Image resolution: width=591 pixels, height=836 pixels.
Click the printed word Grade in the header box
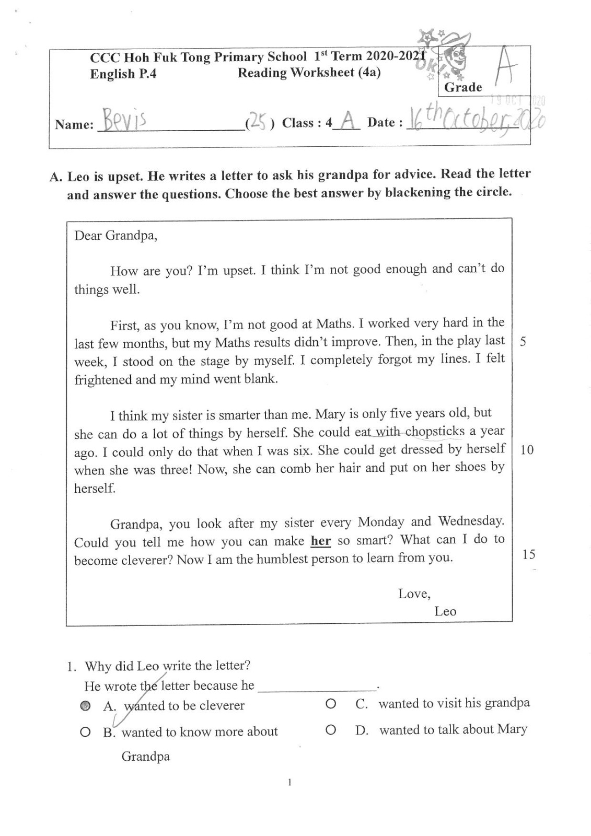tap(463, 87)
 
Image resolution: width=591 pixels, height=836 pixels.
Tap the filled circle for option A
tap(86, 706)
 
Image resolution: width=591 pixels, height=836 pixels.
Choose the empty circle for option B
tap(86, 732)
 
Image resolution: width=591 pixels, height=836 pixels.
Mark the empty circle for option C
tap(330, 704)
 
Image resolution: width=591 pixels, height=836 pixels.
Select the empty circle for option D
tap(330, 729)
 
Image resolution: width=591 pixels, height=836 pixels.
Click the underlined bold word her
tap(321, 540)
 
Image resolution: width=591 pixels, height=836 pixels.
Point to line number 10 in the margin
tap(527, 450)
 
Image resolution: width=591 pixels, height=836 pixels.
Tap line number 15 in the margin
tap(528, 554)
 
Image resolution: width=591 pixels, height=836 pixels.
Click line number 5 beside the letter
tap(523, 342)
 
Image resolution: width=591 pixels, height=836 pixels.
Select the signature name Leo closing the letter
tap(445, 611)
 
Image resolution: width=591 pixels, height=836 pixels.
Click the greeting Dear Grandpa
tap(115, 236)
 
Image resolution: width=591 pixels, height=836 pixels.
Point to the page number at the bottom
tap(289, 782)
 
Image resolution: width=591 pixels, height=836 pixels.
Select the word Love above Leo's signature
tap(414, 594)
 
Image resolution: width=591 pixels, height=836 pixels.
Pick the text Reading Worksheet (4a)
tap(309, 73)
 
